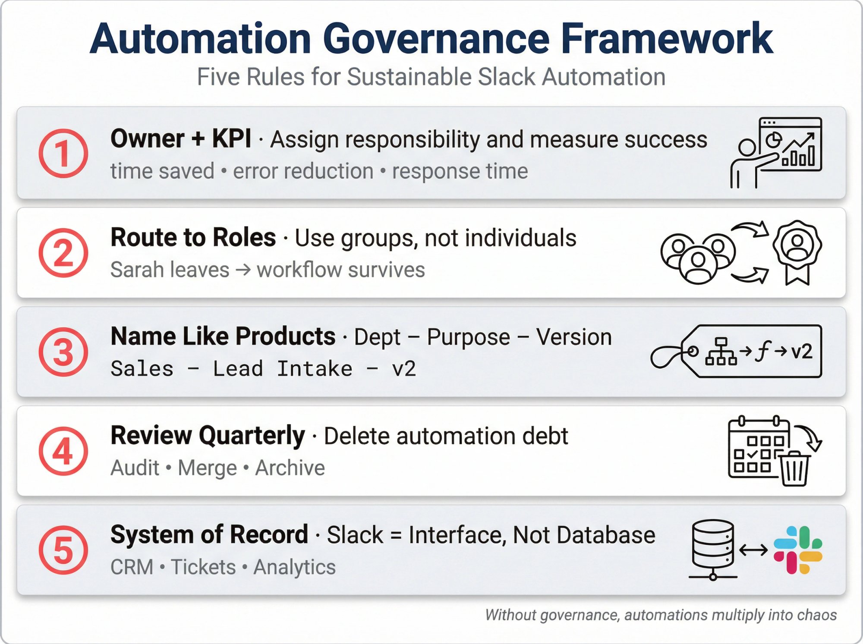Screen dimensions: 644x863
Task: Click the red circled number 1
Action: point(63,153)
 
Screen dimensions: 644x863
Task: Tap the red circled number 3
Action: point(63,352)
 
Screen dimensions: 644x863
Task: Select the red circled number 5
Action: point(63,550)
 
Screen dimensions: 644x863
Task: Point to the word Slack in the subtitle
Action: point(506,77)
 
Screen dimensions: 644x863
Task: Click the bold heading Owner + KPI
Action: point(180,139)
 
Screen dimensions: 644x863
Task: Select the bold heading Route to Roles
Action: point(193,238)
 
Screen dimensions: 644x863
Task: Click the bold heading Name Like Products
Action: point(223,336)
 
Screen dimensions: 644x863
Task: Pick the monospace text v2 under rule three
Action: point(404,369)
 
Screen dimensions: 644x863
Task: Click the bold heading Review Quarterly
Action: point(208,436)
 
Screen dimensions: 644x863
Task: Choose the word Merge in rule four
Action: point(208,468)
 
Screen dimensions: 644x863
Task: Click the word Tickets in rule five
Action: point(203,567)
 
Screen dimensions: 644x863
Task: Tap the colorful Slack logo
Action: point(797,550)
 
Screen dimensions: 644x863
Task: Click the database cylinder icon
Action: point(713,545)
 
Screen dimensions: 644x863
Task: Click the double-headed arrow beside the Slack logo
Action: point(753,550)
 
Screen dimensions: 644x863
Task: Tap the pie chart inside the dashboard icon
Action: point(774,140)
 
